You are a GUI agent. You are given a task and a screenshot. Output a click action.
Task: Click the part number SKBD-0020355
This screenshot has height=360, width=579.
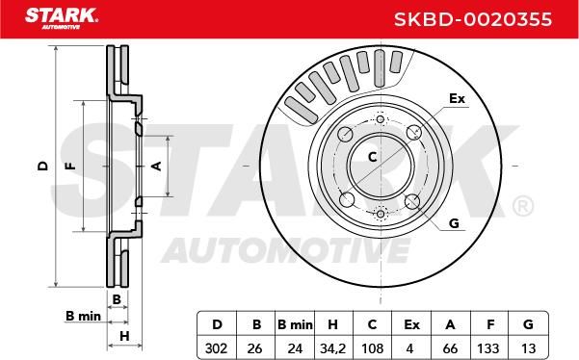(x=473, y=19)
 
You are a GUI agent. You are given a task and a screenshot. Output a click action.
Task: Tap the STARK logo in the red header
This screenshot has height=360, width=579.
(x=62, y=18)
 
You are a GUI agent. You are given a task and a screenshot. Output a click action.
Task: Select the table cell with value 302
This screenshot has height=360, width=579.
(x=216, y=347)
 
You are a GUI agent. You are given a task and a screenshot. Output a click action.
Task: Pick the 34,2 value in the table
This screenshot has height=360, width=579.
(x=332, y=347)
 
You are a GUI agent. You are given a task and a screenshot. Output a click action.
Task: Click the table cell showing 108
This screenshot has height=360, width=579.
(x=372, y=347)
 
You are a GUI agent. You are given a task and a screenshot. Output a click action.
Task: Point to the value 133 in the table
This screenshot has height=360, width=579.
(x=488, y=347)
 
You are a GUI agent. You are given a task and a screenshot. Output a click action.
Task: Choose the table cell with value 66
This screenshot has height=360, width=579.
(x=450, y=347)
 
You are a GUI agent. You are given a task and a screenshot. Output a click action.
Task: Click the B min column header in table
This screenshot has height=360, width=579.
(x=295, y=324)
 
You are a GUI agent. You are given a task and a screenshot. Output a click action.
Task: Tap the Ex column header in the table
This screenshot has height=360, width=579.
(x=411, y=324)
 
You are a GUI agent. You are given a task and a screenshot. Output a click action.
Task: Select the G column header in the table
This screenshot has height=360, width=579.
(x=528, y=324)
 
